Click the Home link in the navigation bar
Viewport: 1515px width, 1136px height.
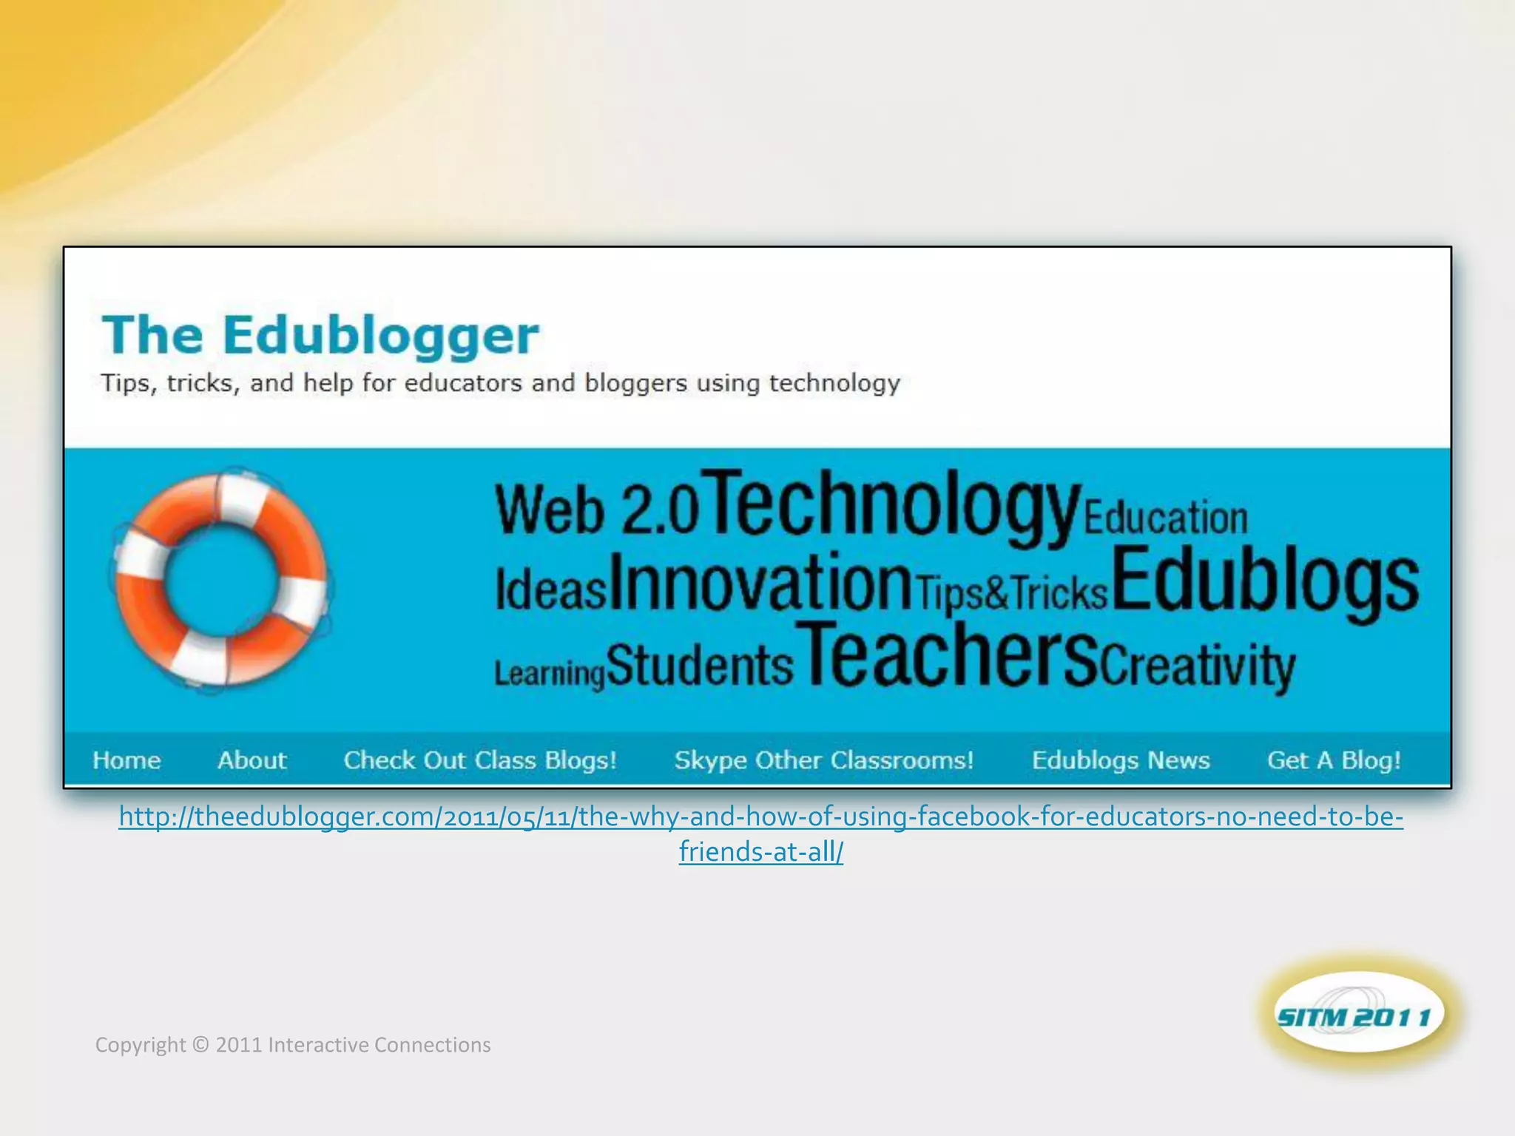(126, 760)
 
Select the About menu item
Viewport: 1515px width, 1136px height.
(252, 760)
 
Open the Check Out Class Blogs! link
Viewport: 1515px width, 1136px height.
(480, 760)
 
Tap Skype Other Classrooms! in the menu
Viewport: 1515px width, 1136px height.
(823, 760)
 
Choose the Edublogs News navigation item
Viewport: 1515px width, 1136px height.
(1121, 760)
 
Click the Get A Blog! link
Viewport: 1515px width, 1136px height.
(1334, 760)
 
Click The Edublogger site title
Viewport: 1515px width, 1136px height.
(320, 335)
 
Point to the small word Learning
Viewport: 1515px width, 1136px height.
(550, 673)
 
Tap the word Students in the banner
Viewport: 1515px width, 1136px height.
(700, 665)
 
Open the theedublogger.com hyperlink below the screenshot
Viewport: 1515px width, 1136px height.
(760, 817)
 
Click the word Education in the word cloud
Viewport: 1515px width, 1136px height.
(1166, 518)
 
